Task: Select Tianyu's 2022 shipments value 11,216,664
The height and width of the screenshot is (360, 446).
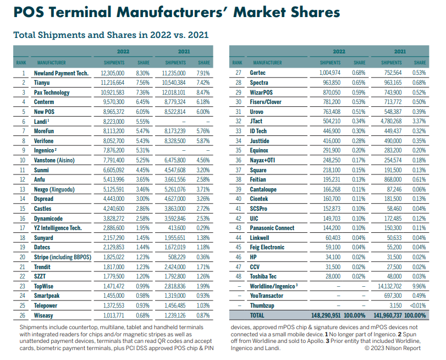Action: (x=113, y=83)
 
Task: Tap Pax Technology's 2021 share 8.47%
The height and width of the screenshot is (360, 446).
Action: (x=203, y=92)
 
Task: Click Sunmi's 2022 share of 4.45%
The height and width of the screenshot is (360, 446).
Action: (x=142, y=170)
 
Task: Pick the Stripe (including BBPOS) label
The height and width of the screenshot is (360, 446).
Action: (x=63, y=257)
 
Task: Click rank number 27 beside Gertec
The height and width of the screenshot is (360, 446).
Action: (x=239, y=73)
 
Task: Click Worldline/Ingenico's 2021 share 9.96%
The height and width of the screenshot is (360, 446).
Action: (x=419, y=286)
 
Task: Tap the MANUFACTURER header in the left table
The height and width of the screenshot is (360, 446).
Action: (x=51, y=63)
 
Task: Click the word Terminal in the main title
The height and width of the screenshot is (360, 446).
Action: (x=99, y=12)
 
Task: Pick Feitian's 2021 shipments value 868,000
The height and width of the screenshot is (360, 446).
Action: (x=391, y=179)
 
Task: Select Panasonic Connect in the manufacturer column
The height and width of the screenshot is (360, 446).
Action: (x=272, y=228)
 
